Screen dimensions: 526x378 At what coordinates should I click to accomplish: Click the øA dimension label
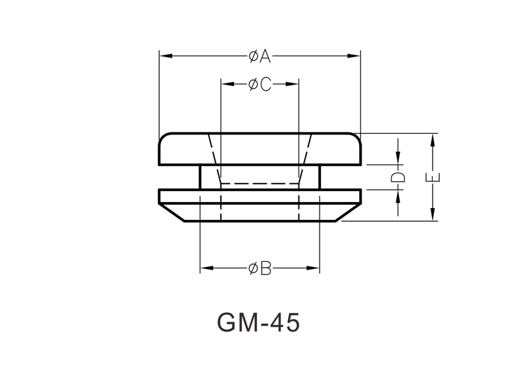pyautogui.click(x=260, y=56)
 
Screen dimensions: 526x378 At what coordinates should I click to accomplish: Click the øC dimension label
pyautogui.click(x=260, y=85)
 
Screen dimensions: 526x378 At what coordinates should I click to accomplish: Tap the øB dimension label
pyautogui.click(x=260, y=268)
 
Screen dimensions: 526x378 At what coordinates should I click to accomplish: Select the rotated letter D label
pyautogui.click(x=398, y=177)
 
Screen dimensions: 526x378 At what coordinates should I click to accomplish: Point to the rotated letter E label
pyautogui.click(x=433, y=177)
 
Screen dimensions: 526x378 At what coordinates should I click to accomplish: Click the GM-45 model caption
pyautogui.click(x=258, y=323)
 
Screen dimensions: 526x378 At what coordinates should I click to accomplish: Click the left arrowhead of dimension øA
pyautogui.click(x=166, y=56)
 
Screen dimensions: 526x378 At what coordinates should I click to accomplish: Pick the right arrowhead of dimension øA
pyautogui.click(x=354, y=56)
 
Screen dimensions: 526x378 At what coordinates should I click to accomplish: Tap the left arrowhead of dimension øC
pyautogui.click(x=227, y=84)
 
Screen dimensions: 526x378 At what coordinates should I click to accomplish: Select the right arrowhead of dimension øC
pyautogui.click(x=292, y=84)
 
